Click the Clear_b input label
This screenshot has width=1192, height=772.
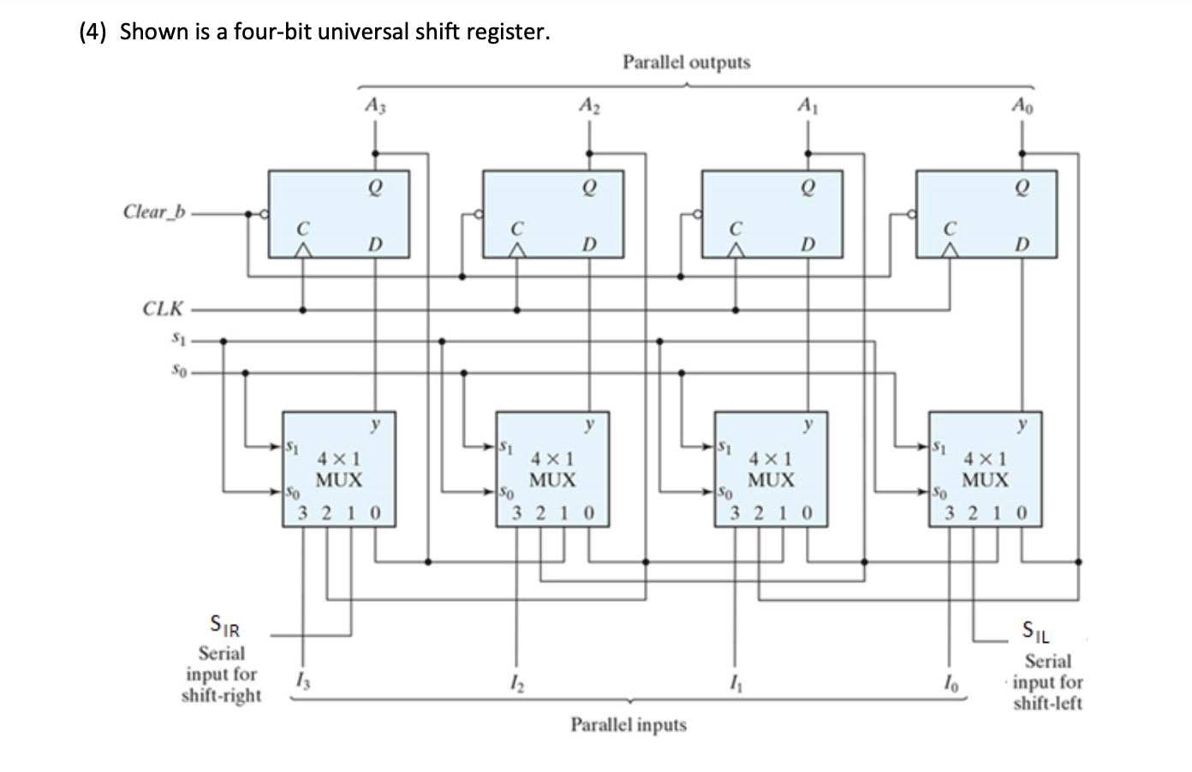[154, 211]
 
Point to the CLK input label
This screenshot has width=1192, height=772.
[163, 308]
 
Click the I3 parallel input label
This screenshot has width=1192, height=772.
[299, 681]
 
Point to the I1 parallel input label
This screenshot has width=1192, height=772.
[732, 681]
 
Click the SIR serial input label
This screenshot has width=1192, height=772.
[224, 627]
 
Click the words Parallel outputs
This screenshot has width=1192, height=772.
[686, 62]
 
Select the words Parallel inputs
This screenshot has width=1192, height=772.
[629, 724]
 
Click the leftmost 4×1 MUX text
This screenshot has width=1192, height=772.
[338, 470]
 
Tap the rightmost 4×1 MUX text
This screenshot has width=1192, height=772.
[985, 470]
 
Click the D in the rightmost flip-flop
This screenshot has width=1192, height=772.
[1021, 245]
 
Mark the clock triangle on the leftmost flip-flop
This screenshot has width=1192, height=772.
[301, 249]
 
